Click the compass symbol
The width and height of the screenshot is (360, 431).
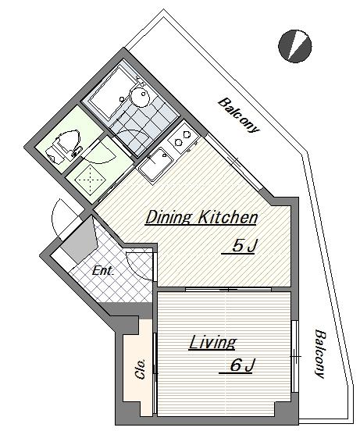(x=295, y=45)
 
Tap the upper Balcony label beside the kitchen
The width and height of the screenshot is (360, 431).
(x=238, y=116)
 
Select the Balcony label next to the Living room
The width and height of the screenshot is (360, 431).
(x=320, y=354)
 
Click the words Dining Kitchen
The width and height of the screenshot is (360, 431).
(x=201, y=217)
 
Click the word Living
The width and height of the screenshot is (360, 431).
(x=212, y=342)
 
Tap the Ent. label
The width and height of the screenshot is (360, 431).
(x=103, y=271)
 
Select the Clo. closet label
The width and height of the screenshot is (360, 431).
(x=140, y=369)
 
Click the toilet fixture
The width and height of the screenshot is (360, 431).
(x=64, y=147)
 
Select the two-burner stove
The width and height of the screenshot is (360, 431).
(x=183, y=138)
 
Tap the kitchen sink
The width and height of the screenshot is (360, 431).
(x=155, y=165)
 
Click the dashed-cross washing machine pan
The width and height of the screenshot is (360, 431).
(x=91, y=180)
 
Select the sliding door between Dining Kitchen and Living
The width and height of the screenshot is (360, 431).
(x=228, y=290)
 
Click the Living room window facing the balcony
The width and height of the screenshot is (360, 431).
(x=295, y=356)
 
